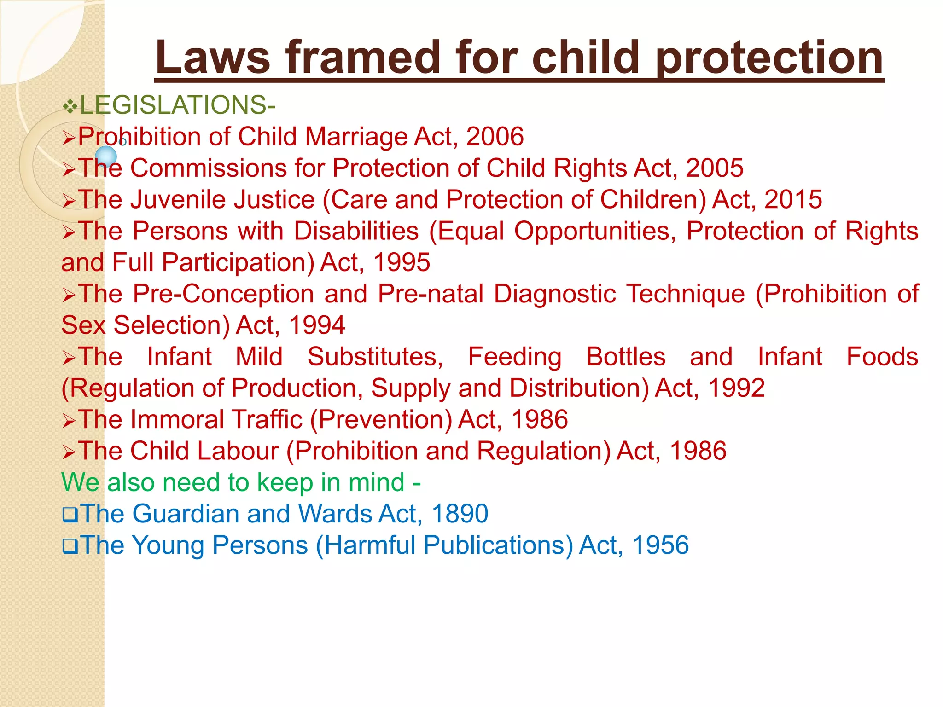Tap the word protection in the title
pyautogui.click(x=769, y=58)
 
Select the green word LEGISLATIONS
pyautogui.click(x=173, y=105)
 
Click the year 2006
pyautogui.click(x=495, y=137)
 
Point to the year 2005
pyautogui.click(x=714, y=168)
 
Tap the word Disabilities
pyautogui.click(x=356, y=231)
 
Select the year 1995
pyautogui.click(x=402, y=262)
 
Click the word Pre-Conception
pyautogui.click(x=223, y=294)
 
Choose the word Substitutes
pyautogui.click(x=375, y=357)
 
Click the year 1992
pyautogui.click(x=736, y=388)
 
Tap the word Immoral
pyautogui.click(x=177, y=419)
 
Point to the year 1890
pyautogui.click(x=460, y=514)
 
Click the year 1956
pyautogui.click(x=660, y=545)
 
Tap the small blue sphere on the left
pyautogui.click(x=107, y=156)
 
